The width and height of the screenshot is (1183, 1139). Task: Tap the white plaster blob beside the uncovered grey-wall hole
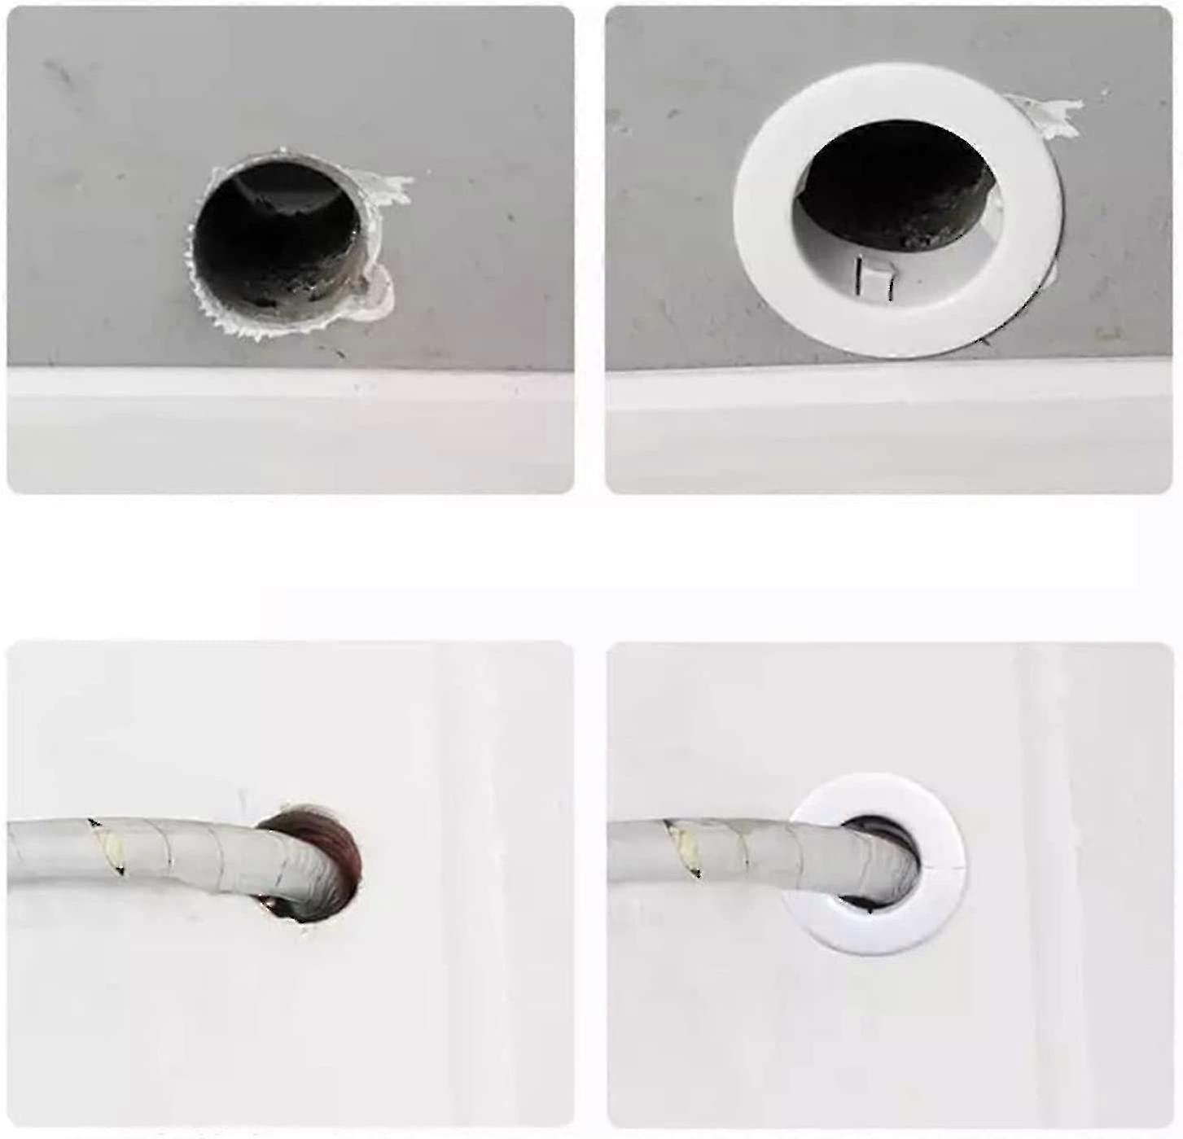[378, 292]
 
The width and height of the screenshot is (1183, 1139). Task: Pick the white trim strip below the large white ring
[887, 432]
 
